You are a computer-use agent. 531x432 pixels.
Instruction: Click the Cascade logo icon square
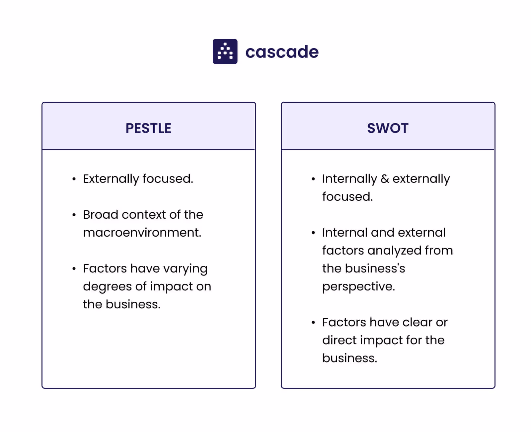[x=225, y=52]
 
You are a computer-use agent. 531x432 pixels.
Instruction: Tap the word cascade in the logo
[x=282, y=52]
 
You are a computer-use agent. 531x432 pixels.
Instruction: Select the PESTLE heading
[x=148, y=128]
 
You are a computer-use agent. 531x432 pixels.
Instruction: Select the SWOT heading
[x=388, y=128]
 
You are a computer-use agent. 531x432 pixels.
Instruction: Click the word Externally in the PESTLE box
[x=111, y=179]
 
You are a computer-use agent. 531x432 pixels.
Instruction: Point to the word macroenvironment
[x=142, y=233]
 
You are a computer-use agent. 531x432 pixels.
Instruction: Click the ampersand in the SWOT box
[x=385, y=179]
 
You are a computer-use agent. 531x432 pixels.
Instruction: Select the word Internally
[x=349, y=179]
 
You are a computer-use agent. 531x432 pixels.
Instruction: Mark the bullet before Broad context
[x=74, y=215]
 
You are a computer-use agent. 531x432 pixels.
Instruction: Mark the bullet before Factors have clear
[x=313, y=323]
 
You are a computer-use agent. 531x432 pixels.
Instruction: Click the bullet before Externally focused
[x=74, y=179]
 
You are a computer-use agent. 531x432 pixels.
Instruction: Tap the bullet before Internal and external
[x=313, y=233]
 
